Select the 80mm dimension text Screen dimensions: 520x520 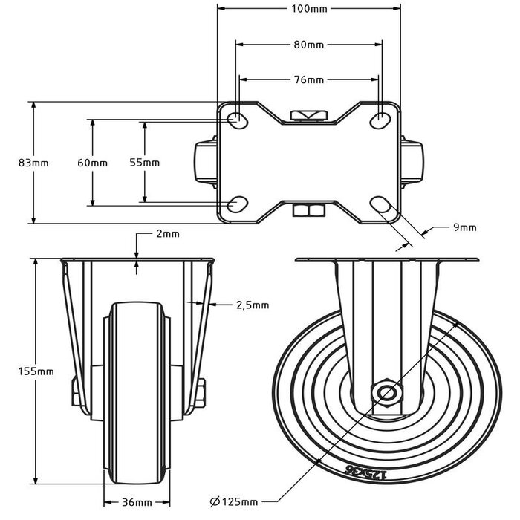(x=309, y=45)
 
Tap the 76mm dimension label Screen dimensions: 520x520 (x=309, y=79)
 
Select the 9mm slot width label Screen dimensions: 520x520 (x=464, y=227)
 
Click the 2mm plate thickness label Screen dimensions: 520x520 (x=168, y=234)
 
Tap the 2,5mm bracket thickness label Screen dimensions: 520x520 (x=252, y=304)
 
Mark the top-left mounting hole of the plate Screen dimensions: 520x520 (x=238, y=119)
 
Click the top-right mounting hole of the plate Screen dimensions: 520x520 (x=381, y=119)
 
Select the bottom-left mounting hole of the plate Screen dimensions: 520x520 (x=238, y=204)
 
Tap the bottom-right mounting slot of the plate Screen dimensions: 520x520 (x=380, y=204)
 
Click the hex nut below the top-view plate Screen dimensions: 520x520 (x=309, y=212)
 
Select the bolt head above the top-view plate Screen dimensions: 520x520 (x=309, y=114)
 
